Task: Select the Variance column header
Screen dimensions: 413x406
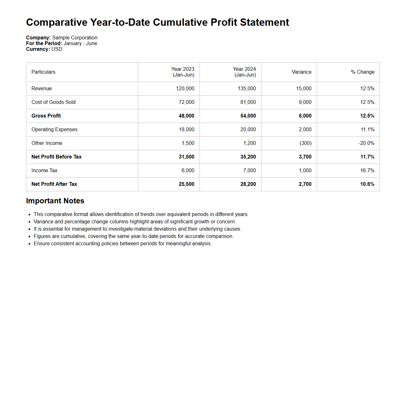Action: point(301,72)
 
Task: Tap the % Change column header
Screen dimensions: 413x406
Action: point(362,72)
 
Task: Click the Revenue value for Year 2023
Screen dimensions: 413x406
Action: point(185,89)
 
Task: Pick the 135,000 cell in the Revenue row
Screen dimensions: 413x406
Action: point(247,89)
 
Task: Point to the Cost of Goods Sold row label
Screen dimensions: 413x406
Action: point(53,102)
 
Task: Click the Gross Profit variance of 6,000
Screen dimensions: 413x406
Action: point(305,116)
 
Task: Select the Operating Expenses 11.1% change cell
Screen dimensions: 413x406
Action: point(367,130)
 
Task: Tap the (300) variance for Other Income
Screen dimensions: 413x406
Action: point(306,143)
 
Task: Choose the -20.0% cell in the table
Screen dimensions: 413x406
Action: point(366,143)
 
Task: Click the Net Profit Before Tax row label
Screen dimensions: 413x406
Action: point(57,157)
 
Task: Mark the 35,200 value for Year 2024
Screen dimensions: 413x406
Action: point(248,157)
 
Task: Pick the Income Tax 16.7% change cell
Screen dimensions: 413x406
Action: point(367,171)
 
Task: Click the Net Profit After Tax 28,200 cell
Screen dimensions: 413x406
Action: point(248,184)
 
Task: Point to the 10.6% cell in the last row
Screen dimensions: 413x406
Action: point(367,184)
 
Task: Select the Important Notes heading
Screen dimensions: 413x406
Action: point(55,201)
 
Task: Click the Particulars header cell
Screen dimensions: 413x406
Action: point(43,72)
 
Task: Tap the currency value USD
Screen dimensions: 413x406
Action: point(57,49)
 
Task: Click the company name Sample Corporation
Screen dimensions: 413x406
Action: point(75,38)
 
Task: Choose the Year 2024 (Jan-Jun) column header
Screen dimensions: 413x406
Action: point(244,72)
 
